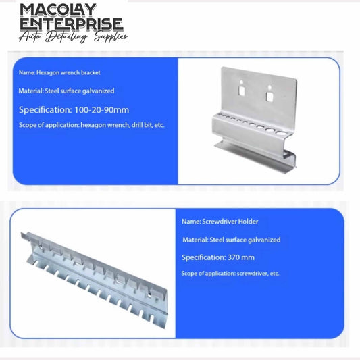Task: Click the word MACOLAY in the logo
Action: (58, 10)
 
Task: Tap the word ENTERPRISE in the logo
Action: (72, 24)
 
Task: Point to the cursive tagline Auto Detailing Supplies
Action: (73, 37)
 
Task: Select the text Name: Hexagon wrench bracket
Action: (59, 72)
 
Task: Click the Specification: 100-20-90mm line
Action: (74, 110)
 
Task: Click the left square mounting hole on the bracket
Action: (242, 91)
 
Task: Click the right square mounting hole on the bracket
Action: (269, 96)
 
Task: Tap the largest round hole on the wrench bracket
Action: (280, 133)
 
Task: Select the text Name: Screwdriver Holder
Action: (220, 222)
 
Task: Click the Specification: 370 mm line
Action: (218, 257)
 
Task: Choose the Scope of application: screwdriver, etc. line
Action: (230, 274)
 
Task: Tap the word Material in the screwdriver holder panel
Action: (196, 240)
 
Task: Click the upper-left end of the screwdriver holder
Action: (22, 234)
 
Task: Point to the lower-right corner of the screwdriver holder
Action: (167, 328)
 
